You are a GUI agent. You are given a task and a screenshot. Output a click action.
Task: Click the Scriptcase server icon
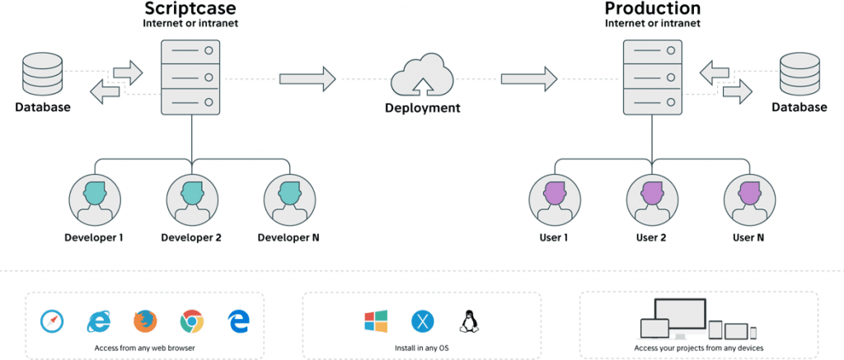pyautogui.click(x=192, y=77)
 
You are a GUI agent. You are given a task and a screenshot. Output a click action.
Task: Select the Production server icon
pyautogui.click(x=652, y=77)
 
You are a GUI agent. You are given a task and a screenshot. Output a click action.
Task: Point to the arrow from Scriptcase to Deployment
pyautogui.click(x=307, y=79)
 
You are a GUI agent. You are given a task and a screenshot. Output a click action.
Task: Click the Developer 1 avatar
pyautogui.click(x=95, y=199)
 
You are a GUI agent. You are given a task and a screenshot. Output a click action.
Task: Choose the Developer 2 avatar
pyautogui.click(x=192, y=199)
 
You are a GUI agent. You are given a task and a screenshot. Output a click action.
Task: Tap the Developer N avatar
pyautogui.click(x=289, y=199)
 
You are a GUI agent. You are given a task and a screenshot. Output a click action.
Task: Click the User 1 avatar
pyautogui.click(x=554, y=199)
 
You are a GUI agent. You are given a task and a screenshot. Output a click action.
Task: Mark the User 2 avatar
pyautogui.click(x=651, y=199)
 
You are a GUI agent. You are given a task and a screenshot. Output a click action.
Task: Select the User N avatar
pyautogui.click(x=748, y=199)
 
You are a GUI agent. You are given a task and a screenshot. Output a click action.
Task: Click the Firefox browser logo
pyautogui.click(x=144, y=321)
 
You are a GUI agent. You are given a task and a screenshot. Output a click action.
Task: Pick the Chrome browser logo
pyautogui.click(x=192, y=321)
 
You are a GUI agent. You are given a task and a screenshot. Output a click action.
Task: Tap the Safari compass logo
pyautogui.click(x=50, y=321)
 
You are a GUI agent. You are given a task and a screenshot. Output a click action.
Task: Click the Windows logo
pyautogui.click(x=375, y=321)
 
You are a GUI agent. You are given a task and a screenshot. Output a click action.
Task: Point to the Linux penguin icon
pyautogui.click(x=469, y=321)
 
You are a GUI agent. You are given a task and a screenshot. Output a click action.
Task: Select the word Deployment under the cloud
pyautogui.click(x=423, y=109)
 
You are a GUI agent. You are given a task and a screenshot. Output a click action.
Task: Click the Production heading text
pyautogui.click(x=652, y=9)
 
